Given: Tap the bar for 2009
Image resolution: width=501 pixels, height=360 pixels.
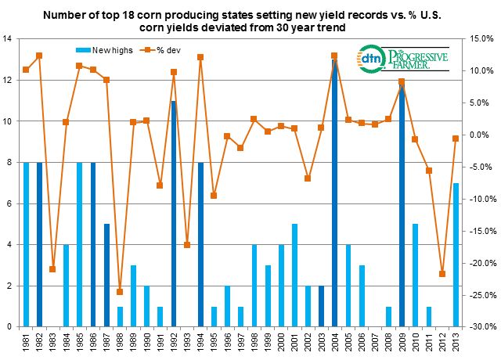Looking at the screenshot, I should point(402,203).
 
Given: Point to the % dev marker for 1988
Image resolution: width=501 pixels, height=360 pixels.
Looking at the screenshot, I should point(120,292).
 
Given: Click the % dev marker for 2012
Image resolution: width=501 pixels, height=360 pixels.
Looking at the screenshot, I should point(442,274).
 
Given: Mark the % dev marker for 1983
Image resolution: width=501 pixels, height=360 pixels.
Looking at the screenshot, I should point(53,269).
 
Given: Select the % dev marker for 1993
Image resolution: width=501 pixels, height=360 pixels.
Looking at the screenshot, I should point(187,245).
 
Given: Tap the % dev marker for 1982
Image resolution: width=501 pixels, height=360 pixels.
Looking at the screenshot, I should point(39,56).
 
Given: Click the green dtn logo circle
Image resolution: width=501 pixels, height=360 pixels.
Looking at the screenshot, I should point(369,59).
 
